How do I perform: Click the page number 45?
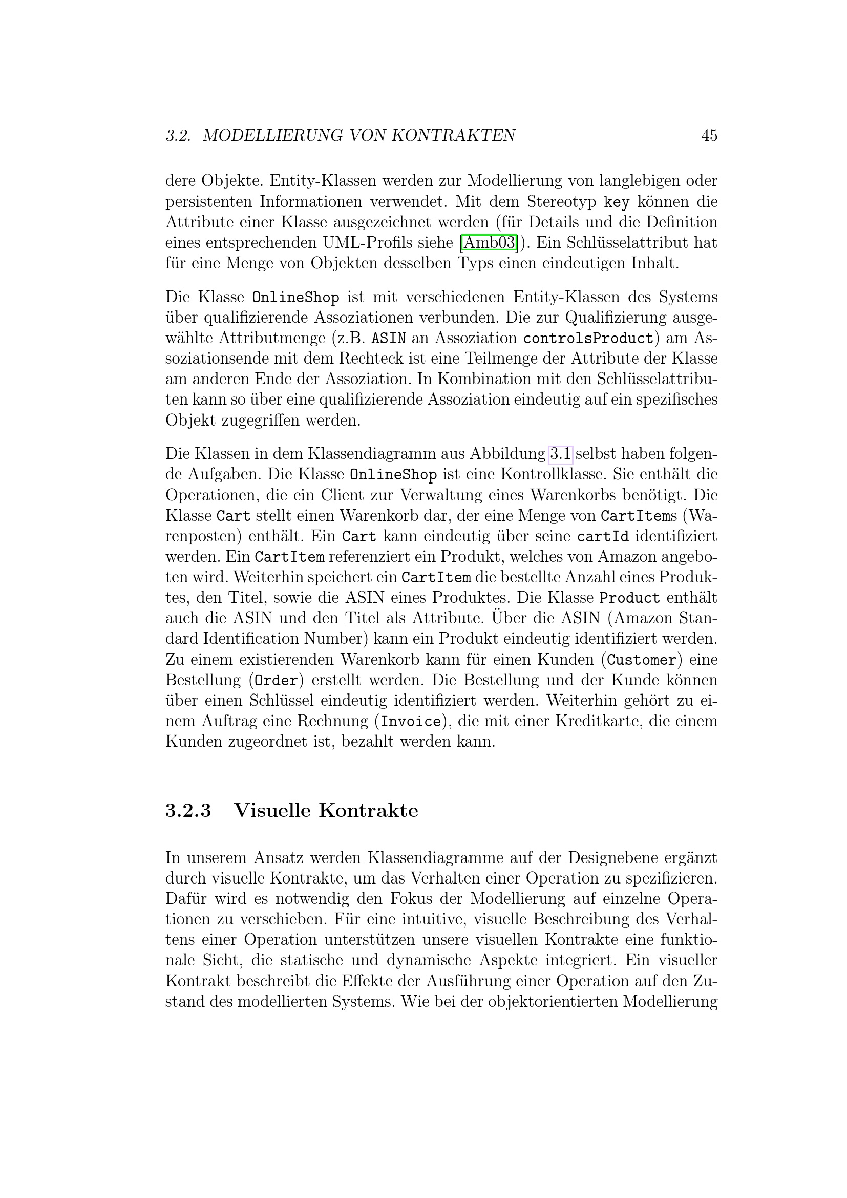[x=709, y=136]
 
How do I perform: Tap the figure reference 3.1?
[x=561, y=454]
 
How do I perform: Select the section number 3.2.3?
[x=188, y=810]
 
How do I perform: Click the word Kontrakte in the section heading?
[x=368, y=810]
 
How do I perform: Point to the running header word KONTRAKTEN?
[x=453, y=136]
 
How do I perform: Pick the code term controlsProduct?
[x=588, y=339]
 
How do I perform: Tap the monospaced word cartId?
[x=602, y=536]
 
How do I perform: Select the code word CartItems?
[x=639, y=516]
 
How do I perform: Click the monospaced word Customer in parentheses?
[x=642, y=660]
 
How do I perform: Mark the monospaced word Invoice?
[x=411, y=722]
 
